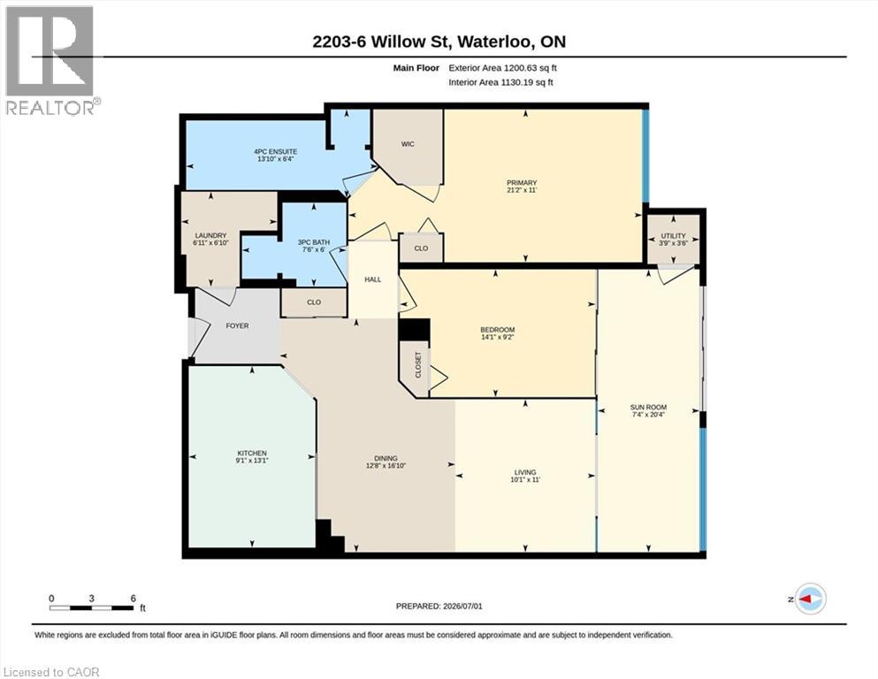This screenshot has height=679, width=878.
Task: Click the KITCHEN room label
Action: coord(252,453)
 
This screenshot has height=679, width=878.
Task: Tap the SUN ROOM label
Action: coord(648,408)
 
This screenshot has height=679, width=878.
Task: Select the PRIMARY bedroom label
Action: coord(522,182)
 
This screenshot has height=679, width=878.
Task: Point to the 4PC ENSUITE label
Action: coord(276,152)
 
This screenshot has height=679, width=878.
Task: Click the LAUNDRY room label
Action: coord(210,236)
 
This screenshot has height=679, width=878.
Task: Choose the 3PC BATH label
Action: coord(314,242)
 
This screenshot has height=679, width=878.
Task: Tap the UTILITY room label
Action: coord(673,236)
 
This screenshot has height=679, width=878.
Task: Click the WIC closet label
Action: coord(408,144)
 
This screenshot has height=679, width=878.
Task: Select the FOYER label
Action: coord(238,325)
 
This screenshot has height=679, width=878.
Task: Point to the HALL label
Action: coord(373,279)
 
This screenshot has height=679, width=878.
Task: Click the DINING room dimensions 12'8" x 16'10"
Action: coord(386,466)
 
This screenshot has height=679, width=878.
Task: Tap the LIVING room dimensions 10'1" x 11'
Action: coord(525,480)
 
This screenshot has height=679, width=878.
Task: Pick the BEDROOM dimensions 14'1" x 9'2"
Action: coord(498,337)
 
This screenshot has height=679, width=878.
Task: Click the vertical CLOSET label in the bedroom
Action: coord(417,365)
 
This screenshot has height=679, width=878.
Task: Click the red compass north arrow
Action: coord(805,599)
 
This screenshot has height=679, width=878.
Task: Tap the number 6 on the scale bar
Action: coord(134,598)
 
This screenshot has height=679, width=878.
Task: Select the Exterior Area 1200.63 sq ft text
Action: coord(503,68)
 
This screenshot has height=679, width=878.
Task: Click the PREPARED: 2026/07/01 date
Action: coord(439,606)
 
